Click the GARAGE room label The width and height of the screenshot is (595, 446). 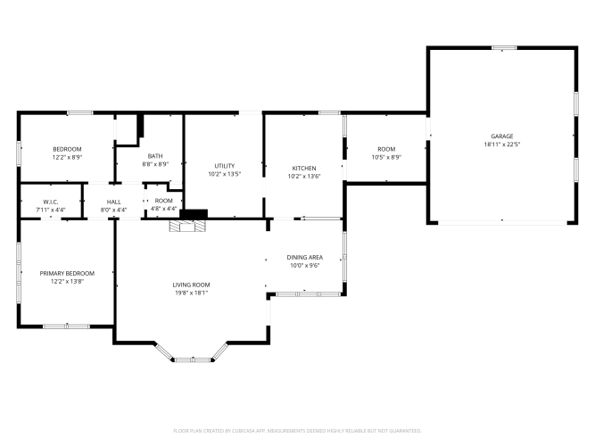501,136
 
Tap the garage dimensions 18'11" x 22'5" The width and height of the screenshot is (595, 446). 501,145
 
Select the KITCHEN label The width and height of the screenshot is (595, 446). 304,169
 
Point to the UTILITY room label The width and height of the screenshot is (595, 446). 225,166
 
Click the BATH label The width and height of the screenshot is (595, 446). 155,156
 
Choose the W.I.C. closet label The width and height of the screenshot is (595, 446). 51,202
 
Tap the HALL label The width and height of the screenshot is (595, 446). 114,202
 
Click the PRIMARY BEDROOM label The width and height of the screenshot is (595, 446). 67,273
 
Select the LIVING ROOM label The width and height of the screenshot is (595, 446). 191,285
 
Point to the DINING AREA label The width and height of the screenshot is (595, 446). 305,258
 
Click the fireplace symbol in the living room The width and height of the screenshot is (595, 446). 187,226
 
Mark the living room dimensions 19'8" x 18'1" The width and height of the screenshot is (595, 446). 191,293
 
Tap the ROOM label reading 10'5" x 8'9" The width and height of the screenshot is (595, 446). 386,149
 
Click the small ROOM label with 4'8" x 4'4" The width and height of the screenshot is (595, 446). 163,201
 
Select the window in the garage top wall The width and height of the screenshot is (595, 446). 504,48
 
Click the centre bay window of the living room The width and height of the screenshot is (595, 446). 193,359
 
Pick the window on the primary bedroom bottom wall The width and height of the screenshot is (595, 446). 66,326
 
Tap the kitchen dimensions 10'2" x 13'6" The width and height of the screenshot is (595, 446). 304,176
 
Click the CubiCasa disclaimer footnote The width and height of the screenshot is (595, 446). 297,431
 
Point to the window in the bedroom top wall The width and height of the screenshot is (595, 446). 80,112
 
